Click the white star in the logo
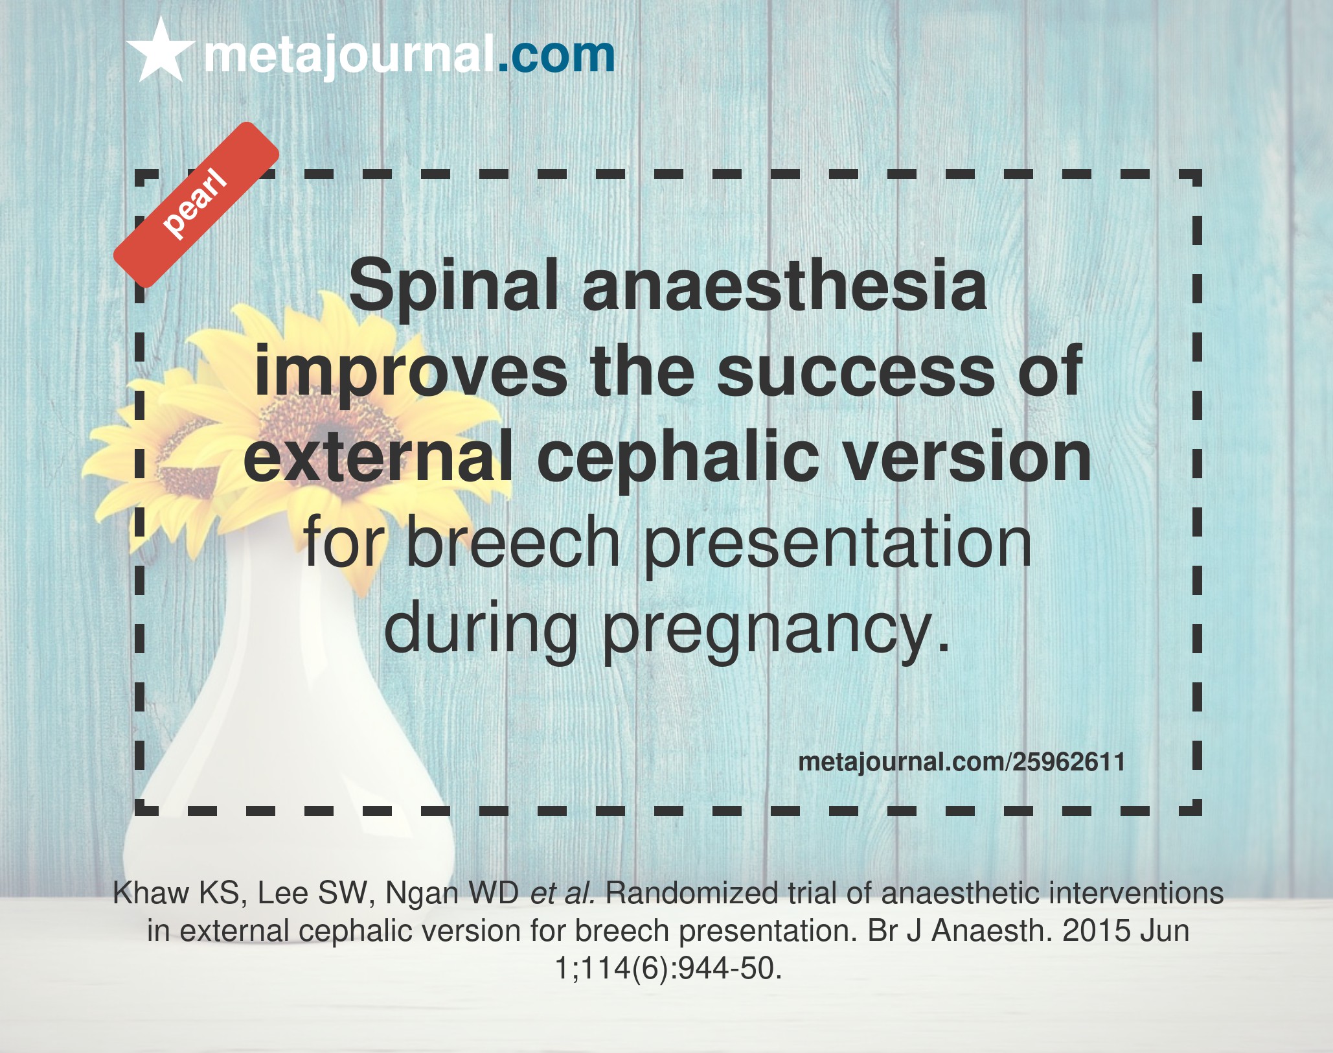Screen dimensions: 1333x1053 click(161, 51)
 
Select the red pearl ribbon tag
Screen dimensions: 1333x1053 click(196, 205)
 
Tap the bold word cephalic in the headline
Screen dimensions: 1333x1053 click(679, 456)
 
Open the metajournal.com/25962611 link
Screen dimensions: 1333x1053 click(962, 762)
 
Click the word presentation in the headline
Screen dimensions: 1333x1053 click(837, 543)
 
